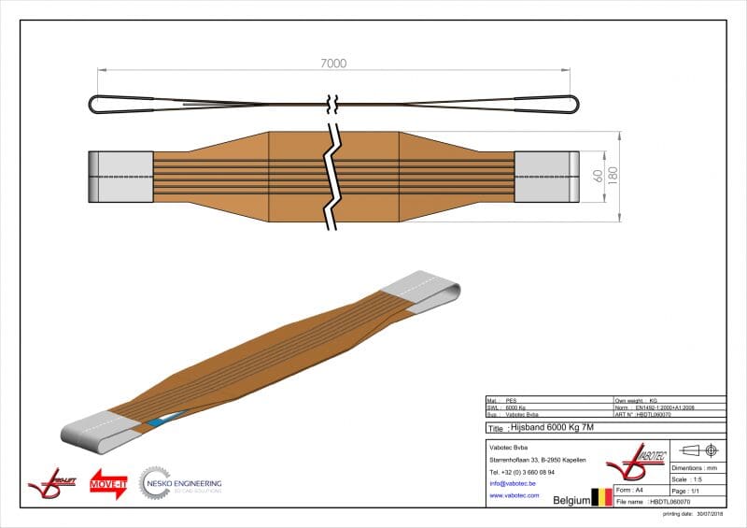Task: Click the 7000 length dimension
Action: tap(333, 64)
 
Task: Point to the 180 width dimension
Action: tap(613, 176)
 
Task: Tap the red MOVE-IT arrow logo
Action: tap(107, 483)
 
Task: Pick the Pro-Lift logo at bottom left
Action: tap(48, 483)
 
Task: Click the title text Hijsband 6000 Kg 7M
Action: tap(553, 428)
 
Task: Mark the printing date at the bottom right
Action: tap(694, 514)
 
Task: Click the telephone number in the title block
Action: tap(522, 472)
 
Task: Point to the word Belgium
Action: tap(571, 500)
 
